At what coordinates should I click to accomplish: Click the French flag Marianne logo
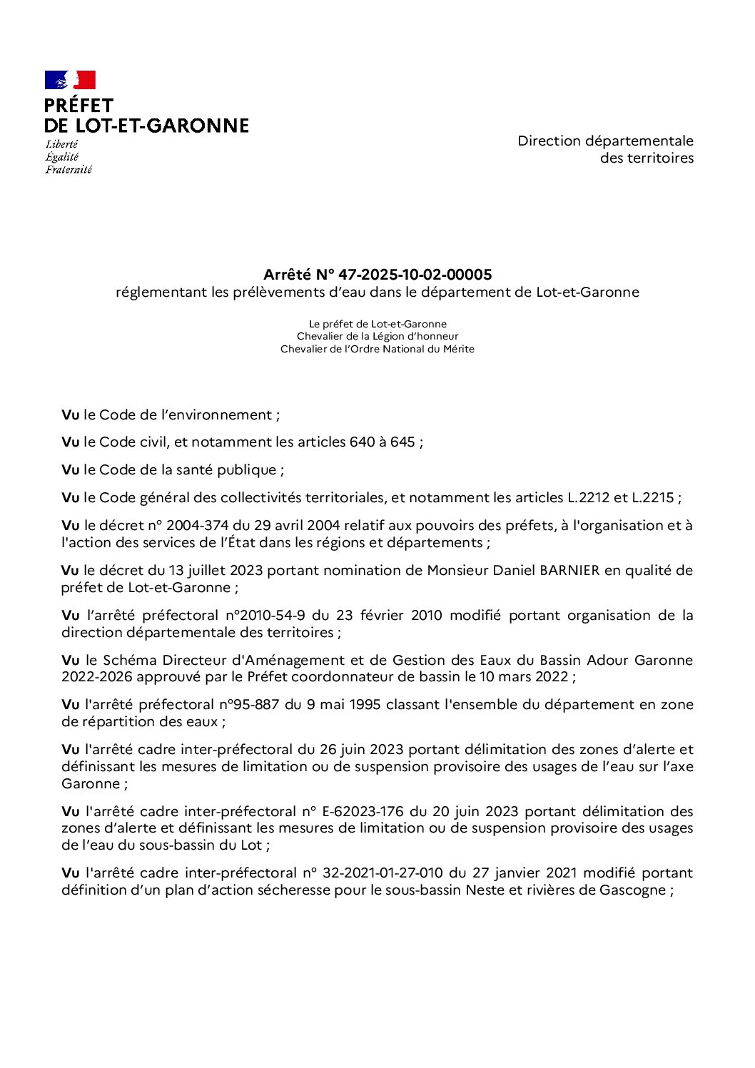[70, 80]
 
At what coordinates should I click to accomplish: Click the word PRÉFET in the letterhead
[78, 106]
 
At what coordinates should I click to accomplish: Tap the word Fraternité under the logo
[69, 170]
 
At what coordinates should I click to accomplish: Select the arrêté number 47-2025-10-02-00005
[415, 275]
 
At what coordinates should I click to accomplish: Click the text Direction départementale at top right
[605, 141]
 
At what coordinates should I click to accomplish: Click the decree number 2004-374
[197, 526]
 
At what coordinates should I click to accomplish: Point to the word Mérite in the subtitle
[457, 350]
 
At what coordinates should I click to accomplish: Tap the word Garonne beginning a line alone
[90, 784]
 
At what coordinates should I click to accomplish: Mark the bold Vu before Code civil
[70, 442]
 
